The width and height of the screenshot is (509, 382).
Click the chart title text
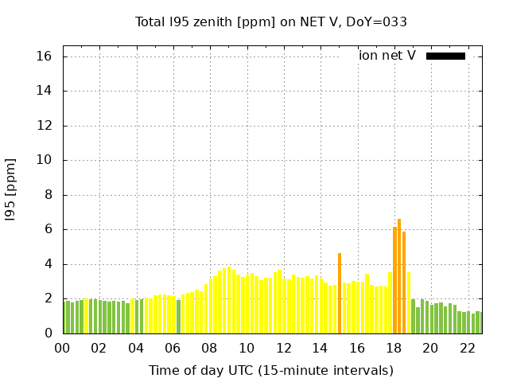tap(271, 22)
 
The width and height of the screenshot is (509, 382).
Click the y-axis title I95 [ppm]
tap(11, 189)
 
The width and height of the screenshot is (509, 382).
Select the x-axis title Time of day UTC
tap(271, 370)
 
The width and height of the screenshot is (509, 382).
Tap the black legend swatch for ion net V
tap(445, 56)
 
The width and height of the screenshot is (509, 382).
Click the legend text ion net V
tap(387, 56)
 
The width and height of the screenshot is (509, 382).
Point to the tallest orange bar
tap(399, 276)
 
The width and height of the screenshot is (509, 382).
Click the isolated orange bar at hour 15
tap(340, 293)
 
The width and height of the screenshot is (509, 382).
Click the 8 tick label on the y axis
tap(48, 195)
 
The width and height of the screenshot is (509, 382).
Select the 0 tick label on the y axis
tap(48, 333)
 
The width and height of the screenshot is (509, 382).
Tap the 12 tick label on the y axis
tap(44, 126)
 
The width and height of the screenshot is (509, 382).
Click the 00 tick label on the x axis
tap(62, 348)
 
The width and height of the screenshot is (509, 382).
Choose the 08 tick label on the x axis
tap(209, 348)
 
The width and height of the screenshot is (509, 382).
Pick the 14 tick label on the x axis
tap(320, 348)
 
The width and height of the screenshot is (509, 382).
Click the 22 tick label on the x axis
tap(467, 348)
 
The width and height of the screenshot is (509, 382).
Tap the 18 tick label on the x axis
tap(394, 348)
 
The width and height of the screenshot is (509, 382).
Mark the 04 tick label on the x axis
tap(136, 348)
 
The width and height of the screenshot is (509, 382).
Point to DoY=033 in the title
tap(379, 22)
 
